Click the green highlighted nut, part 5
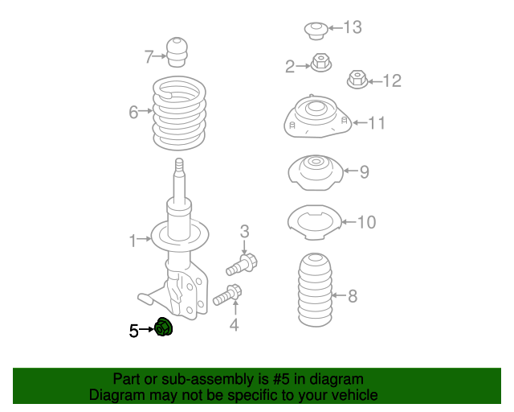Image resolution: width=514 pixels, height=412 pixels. (165, 328)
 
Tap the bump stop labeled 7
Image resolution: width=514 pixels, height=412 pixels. (177, 52)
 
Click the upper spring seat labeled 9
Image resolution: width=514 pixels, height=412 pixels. (315, 171)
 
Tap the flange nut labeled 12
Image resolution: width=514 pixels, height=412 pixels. (357, 79)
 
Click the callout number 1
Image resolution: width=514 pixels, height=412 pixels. (133, 239)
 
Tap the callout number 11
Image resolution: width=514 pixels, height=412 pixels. (377, 123)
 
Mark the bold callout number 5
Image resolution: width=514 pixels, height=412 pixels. (134, 329)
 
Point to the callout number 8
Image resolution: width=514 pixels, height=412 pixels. (352, 296)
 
